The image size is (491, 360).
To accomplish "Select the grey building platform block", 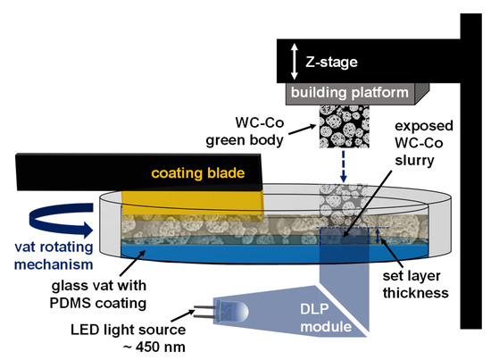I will click(347, 92).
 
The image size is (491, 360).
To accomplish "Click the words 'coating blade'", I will click(197, 173).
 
